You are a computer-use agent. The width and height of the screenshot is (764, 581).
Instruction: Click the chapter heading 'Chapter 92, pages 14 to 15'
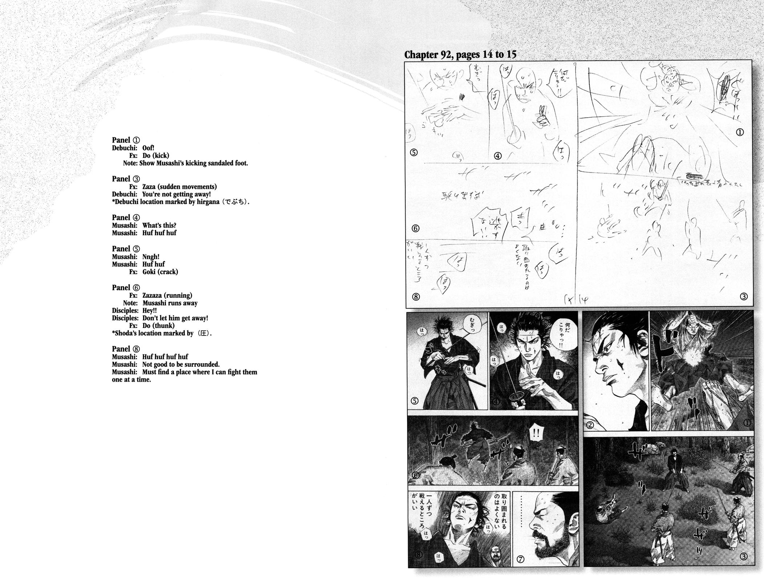[x=460, y=54]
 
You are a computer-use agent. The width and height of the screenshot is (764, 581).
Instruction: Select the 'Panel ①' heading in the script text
[x=126, y=140]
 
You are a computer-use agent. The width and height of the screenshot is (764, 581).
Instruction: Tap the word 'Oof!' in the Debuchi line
[x=148, y=148]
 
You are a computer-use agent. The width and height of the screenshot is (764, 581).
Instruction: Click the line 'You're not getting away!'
[x=176, y=194]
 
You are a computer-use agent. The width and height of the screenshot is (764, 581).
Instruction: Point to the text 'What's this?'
[x=159, y=225]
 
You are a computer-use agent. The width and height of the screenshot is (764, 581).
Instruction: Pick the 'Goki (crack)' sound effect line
[x=160, y=272]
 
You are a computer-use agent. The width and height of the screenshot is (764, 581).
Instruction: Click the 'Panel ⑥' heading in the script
[x=126, y=288]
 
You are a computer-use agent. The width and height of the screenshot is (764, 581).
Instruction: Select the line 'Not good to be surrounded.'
[x=181, y=364]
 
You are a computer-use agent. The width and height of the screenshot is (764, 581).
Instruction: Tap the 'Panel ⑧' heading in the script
[x=126, y=349]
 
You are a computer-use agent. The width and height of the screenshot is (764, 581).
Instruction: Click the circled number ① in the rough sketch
[x=740, y=132]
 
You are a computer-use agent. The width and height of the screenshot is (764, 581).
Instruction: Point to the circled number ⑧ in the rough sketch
[x=416, y=297]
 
